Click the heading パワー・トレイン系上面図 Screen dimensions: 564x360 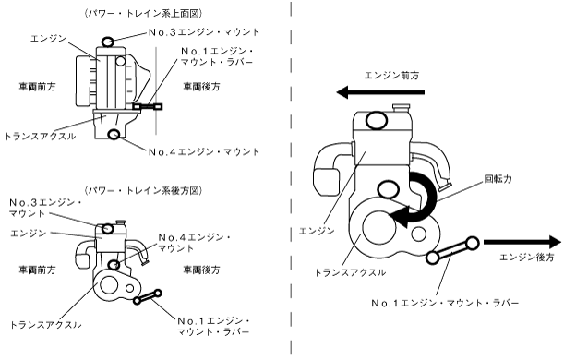143,13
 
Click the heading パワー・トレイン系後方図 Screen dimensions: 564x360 143,190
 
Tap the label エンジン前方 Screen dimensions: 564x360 391,76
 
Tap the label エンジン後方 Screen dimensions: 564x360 526,258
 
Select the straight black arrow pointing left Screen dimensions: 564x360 380,92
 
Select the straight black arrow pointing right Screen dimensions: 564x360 522,242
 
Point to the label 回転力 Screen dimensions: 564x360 498,179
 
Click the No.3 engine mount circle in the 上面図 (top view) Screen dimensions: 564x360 108,42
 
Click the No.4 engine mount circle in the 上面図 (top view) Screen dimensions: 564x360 114,134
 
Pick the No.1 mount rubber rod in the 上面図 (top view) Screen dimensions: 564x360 148,106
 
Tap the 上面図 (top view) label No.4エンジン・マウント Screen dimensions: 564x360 204,152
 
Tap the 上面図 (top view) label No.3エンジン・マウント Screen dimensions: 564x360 204,32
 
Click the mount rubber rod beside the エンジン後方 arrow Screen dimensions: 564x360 452,250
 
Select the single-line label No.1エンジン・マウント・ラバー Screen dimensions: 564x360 445,303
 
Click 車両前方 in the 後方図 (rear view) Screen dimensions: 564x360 38,270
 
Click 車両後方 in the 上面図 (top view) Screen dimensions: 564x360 201,87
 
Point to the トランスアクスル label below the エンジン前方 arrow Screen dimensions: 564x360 351,272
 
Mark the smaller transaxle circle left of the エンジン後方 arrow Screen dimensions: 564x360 419,234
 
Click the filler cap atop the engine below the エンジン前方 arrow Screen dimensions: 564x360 402,107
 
